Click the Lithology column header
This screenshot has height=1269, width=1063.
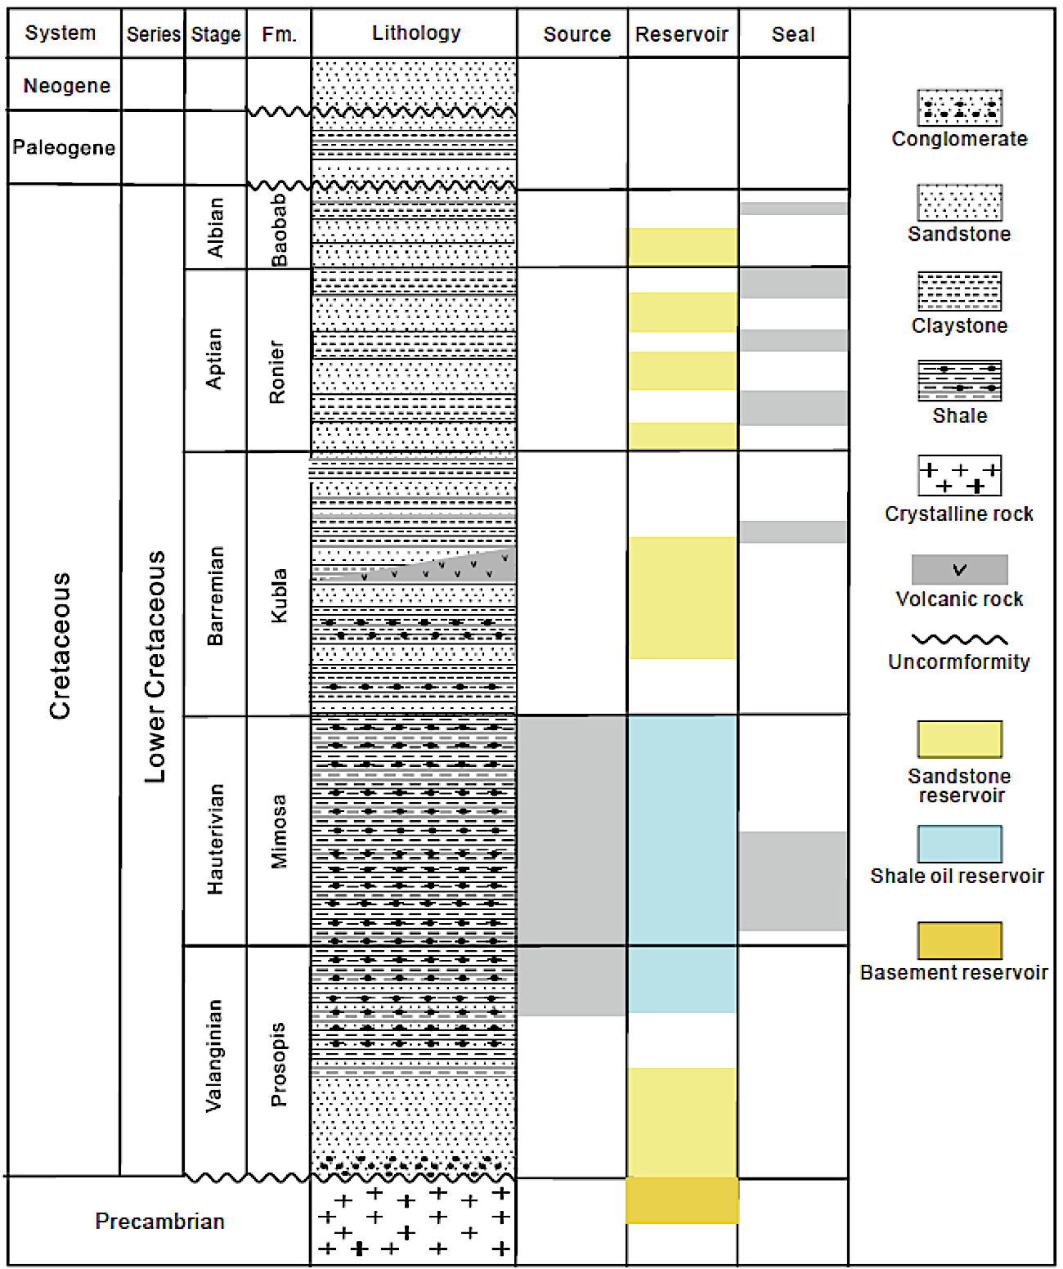coord(415,34)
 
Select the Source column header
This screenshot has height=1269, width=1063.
coord(576,34)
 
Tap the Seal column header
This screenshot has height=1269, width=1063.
coord(792,34)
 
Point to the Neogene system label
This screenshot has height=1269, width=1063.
coord(66,86)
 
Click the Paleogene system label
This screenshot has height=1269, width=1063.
coord(64,147)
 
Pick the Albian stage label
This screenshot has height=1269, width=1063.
coord(216,227)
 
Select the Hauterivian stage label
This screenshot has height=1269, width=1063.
coord(216,839)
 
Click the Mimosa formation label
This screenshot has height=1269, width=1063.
coord(279,831)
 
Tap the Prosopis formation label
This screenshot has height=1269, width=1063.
coord(279,1064)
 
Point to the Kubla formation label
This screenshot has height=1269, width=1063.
coord(279,595)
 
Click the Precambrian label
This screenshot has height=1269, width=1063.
coord(159,1221)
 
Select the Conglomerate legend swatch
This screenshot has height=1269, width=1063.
coord(959,108)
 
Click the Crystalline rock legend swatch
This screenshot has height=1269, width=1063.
coord(959,476)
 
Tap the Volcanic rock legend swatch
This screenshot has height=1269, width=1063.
coord(959,569)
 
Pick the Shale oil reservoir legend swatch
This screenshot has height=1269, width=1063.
coord(959,844)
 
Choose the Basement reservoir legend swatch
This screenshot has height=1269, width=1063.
coord(959,940)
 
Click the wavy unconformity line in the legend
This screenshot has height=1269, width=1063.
coord(959,639)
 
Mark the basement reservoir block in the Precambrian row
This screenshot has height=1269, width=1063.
coord(682,1200)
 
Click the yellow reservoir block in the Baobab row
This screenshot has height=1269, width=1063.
coord(683,247)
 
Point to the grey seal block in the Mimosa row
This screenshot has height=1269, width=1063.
coord(792,881)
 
